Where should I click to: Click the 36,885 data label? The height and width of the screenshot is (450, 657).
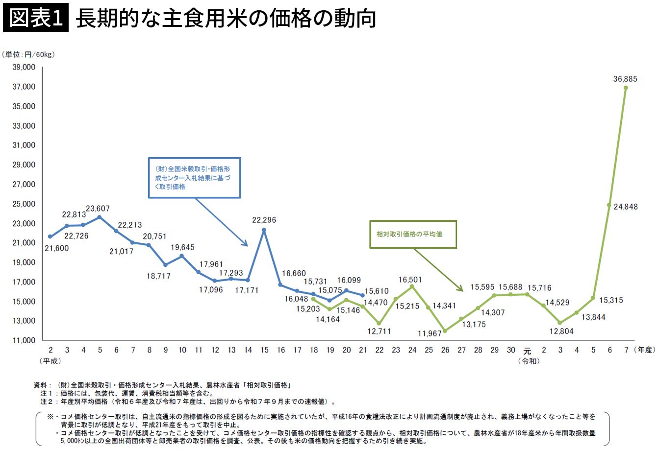click(x=625, y=79)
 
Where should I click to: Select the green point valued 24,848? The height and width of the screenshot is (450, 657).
click(x=609, y=205)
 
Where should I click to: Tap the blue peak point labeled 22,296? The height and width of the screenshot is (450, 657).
click(x=264, y=230)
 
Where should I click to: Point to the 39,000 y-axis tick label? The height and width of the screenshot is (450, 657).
click(x=24, y=67)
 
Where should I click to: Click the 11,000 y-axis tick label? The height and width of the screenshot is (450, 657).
click(x=24, y=340)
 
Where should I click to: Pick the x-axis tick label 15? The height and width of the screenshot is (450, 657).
click(x=264, y=350)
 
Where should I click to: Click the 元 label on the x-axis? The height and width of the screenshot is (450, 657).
click(x=527, y=351)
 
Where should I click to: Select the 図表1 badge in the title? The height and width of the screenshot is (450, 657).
click(x=36, y=18)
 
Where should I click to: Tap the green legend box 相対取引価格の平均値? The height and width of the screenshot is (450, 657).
click(x=413, y=235)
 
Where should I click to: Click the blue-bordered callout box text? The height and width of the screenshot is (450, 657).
click(x=193, y=178)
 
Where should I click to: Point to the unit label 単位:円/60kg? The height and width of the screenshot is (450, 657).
click(x=28, y=54)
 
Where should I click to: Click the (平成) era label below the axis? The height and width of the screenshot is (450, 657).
click(x=50, y=361)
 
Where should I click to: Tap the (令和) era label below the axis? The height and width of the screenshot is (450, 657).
click(x=529, y=361)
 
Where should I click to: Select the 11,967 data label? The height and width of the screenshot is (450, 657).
click(x=430, y=333)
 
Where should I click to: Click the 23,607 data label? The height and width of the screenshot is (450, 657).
click(x=98, y=208)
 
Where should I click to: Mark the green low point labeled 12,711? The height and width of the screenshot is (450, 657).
click(x=379, y=323)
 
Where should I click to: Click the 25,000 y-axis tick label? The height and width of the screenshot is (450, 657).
click(x=24, y=204)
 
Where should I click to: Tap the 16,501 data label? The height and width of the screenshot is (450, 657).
click(x=410, y=280)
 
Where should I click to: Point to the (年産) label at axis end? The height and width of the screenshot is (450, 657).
click(x=644, y=350)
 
